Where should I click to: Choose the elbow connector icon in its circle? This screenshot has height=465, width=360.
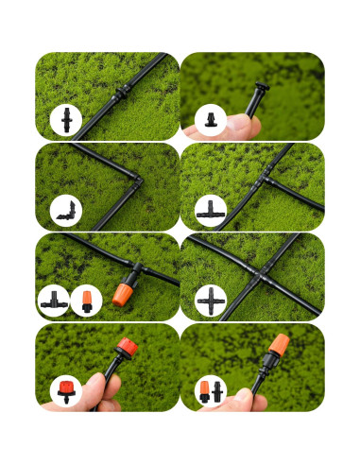(x=67, y=211)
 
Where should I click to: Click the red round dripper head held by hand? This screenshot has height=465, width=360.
(x=125, y=345)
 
